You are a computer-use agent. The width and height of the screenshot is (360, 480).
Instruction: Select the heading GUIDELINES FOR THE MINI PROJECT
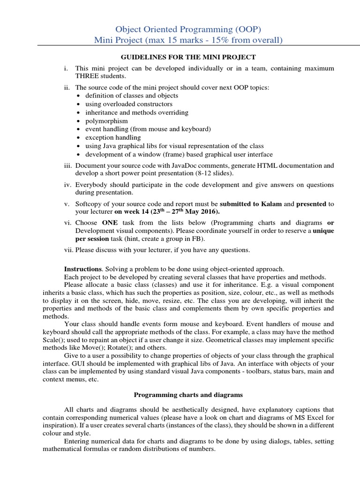pyautogui.click(x=188, y=57)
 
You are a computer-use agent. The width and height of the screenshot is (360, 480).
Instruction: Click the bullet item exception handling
pyautogui.click(x=113, y=138)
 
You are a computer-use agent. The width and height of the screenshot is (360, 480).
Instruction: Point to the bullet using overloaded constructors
pyautogui.click(x=128, y=104)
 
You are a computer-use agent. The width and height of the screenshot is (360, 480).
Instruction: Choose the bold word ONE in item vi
pyautogui.click(x=110, y=223)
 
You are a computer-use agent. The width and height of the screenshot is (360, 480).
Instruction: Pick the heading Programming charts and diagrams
pyautogui.click(x=188, y=396)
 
